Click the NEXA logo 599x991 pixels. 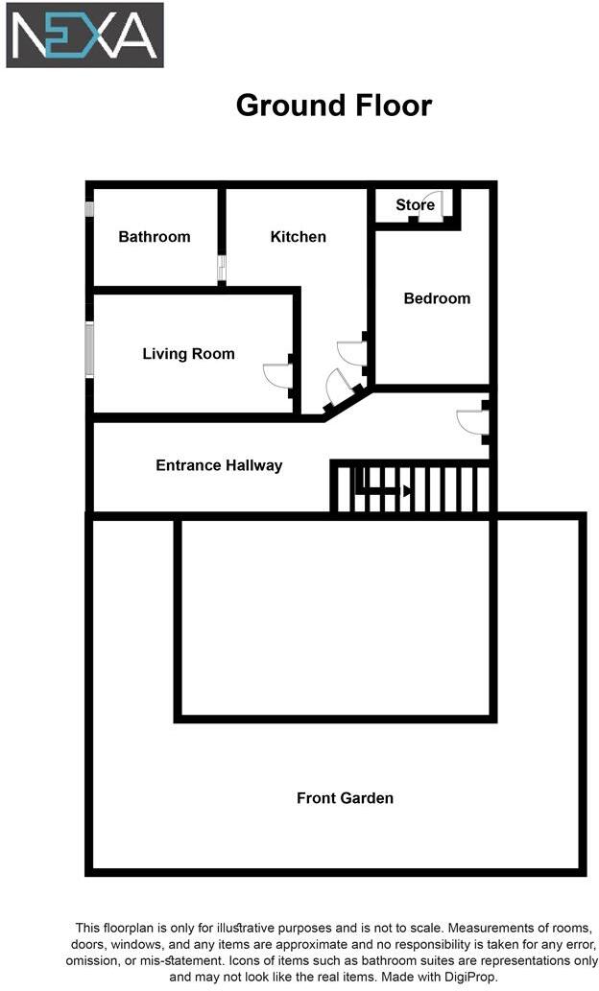point(84,35)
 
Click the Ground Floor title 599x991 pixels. point(334,106)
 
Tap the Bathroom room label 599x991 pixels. point(155,237)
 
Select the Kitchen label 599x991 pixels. point(299,237)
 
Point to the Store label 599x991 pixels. point(415,204)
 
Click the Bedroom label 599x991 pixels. point(437,298)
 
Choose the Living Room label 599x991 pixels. point(188,354)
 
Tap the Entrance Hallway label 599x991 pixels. point(219,465)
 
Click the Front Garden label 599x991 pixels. point(345,797)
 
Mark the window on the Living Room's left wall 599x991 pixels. point(89,350)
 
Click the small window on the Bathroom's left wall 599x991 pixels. point(88,208)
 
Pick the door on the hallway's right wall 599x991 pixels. point(473,421)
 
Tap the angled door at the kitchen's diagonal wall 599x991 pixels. point(340,386)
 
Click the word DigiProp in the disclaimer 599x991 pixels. point(470,976)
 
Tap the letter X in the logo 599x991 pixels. point(99,35)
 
